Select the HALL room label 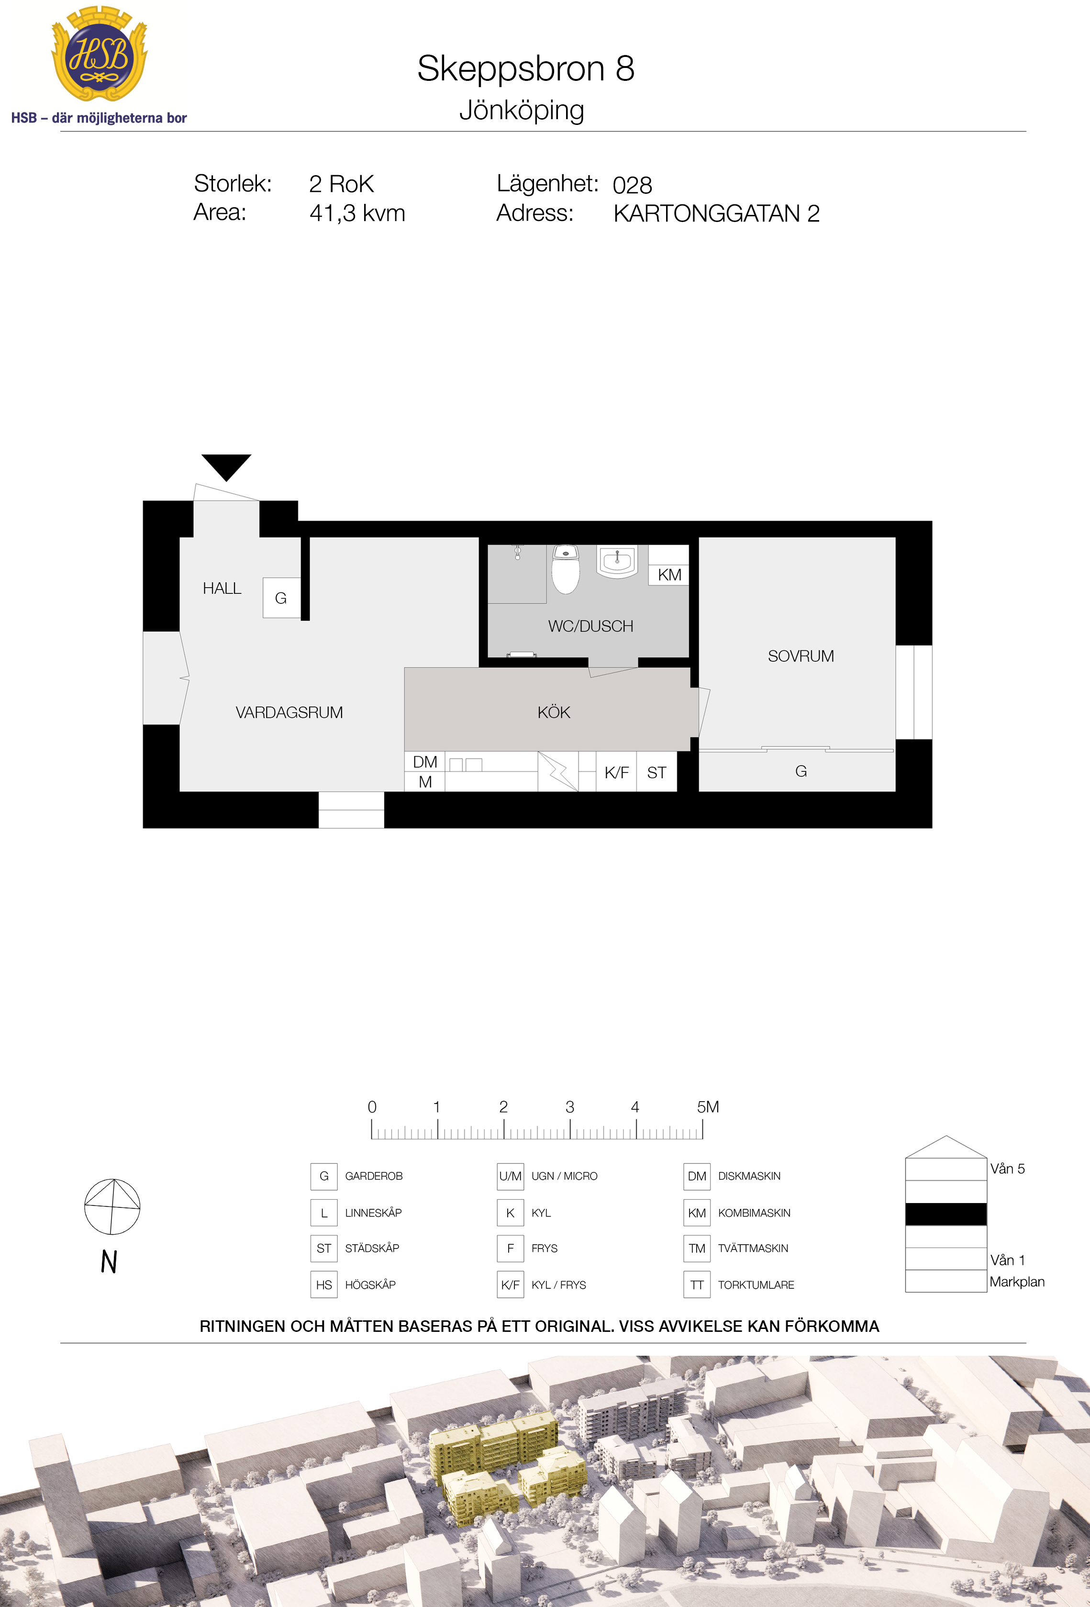coord(222,589)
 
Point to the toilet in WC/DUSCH coord(566,569)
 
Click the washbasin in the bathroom coord(617,561)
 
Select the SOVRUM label coord(801,656)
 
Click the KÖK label coord(554,712)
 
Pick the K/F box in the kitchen coord(617,772)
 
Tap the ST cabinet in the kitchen coord(656,772)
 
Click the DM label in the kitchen coord(425,762)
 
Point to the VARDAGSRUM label coord(289,712)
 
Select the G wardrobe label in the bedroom coord(801,771)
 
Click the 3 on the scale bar coord(569,1107)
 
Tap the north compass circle coord(112,1206)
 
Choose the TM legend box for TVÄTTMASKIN coord(697,1248)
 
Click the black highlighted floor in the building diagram coord(945,1214)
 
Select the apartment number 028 coord(633,185)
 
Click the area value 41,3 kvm coord(357,213)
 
